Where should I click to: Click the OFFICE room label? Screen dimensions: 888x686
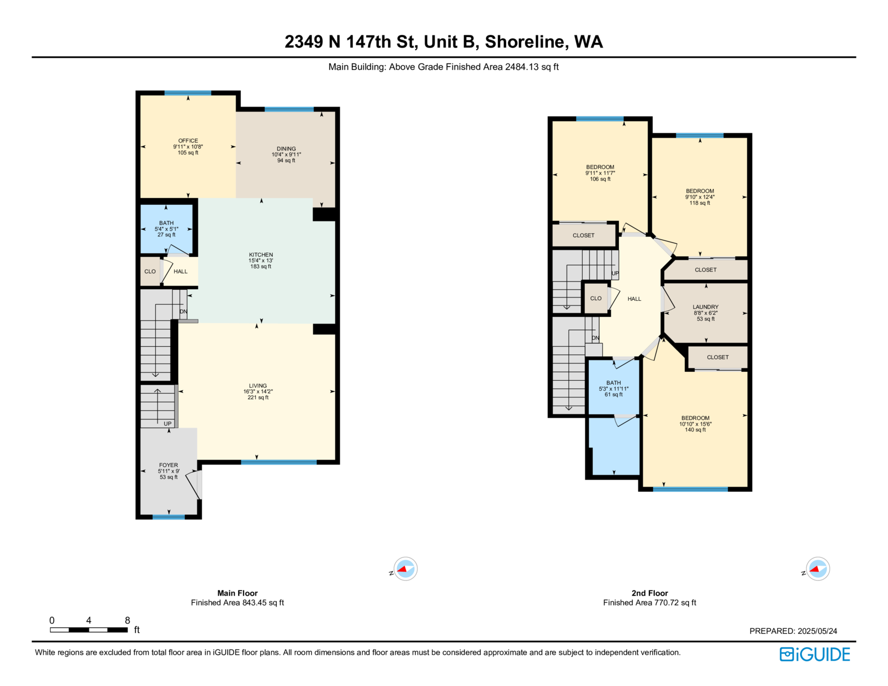pos(188,140)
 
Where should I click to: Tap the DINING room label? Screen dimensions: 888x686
pos(286,149)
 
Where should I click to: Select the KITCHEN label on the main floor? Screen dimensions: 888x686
pos(261,255)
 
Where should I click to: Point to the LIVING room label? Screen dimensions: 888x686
pos(258,386)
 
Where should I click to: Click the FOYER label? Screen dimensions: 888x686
pos(168,465)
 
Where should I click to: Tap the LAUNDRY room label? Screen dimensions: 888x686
pos(705,307)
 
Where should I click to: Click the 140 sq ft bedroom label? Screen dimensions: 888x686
pos(695,418)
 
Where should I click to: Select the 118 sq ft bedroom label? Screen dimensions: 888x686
pos(700,191)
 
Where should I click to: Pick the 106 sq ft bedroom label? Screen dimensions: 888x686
pos(600,167)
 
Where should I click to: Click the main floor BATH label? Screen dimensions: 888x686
pos(167,223)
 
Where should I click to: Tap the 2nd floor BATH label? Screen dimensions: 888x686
pos(613,383)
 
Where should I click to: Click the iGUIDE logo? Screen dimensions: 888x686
pos(814,654)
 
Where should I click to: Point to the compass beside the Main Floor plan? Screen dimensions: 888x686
pos(405,568)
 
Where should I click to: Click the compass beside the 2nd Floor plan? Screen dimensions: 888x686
pos(818,568)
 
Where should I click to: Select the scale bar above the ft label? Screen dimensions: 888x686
pos(89,629)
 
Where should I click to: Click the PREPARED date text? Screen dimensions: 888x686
pos(793,631)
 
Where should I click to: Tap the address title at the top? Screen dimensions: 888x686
pos(444,42)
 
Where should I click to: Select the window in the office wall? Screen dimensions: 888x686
pos(188,93)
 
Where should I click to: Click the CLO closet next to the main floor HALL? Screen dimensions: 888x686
pos(150,271)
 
